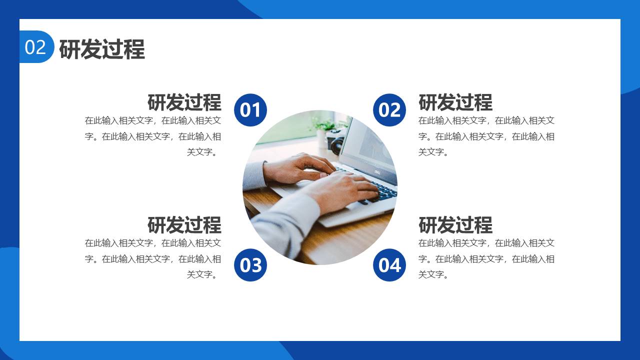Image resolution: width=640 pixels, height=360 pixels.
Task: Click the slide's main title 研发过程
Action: tap(102, 49)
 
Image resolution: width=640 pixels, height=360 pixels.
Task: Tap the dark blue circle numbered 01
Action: tap(250, 110)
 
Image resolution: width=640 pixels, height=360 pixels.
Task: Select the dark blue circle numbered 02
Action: tap(389, 110)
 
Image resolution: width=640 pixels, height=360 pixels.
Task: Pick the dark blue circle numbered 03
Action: tap(250, 265)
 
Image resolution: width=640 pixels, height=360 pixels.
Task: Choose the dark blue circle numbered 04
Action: tap(389, 265)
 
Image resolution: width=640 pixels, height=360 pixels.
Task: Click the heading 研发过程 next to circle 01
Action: tap(184, 102)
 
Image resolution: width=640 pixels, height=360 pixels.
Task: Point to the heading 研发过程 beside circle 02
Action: tap(455, 102)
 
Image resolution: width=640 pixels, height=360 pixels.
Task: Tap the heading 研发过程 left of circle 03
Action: tap(184, 225)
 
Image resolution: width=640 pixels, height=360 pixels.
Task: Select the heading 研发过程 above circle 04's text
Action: tap(455, 225)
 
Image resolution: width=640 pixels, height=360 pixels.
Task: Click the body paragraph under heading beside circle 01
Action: tap(153, 136)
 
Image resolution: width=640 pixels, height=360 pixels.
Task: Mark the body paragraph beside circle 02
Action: tap(486, 136)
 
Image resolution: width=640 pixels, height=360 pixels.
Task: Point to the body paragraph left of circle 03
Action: tap(153, 258)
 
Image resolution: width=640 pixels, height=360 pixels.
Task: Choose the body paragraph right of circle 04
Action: tap(486, 258)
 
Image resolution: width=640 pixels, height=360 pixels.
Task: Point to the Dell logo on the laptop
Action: tap(377, 171)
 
